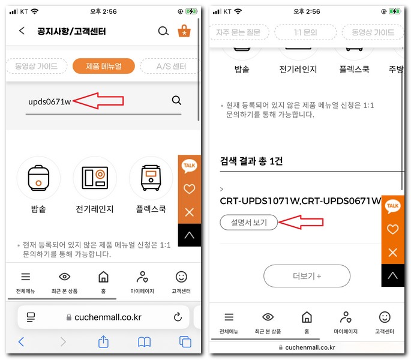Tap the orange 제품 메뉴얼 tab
click(x=104, y=66)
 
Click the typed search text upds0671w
click(x=49, y=101)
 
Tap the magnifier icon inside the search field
click(x=176, y=100)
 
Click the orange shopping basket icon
click(x=184, y=31)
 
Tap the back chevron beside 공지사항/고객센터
click(x=22, y=31)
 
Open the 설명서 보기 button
click(x=249, y=223)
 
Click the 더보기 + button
click(x=307, y=276)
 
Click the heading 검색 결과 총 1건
click(x=251, y=161)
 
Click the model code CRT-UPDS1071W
click(x=259, y=200)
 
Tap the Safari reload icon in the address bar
click(x=178, y=317)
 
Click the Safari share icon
click(x=103, y=341)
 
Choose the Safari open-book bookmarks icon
click(x=144, y=341)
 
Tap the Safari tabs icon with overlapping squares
click(x=185, y=341)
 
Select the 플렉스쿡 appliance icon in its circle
click(x=151, y=178)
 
